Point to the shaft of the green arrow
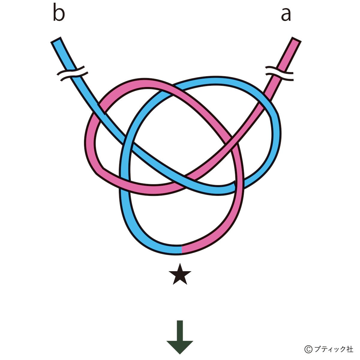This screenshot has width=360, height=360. coord(180,330)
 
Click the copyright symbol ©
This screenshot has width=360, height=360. coord(308,349)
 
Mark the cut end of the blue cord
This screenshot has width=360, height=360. coord(56,40)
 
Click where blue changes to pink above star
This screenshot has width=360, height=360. coord(182,250)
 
